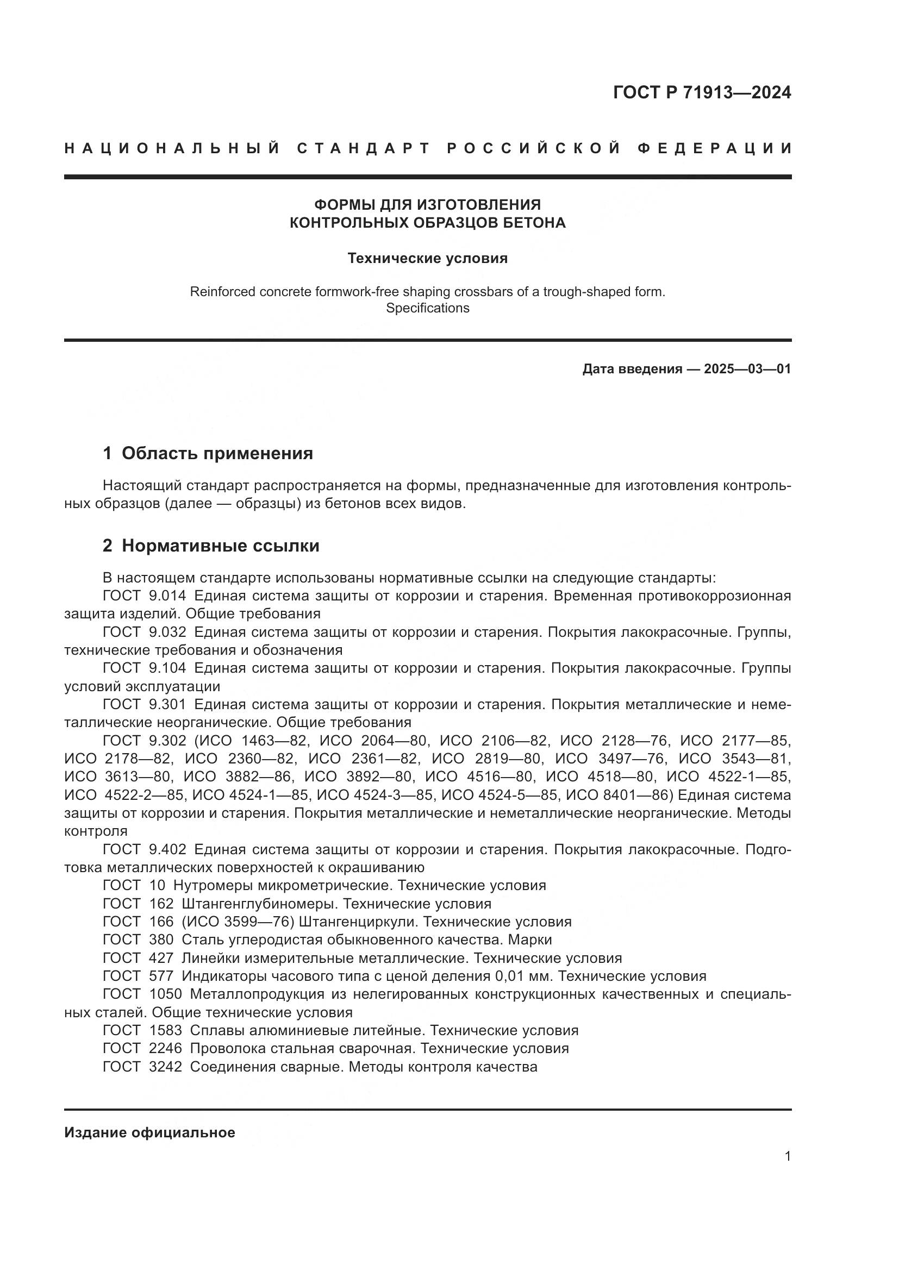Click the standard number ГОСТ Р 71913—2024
702,93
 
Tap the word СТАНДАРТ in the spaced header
364,148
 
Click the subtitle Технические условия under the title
427,259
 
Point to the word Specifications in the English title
427,308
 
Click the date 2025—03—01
747,369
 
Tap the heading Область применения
217,453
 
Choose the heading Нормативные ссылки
220,546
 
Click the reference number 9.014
167,596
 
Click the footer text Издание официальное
149,1132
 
